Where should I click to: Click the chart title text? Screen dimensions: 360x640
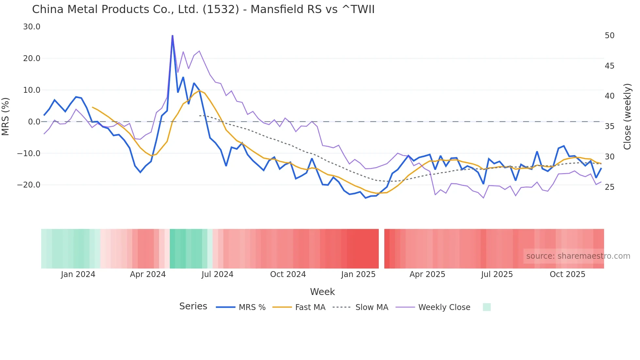coord(203,9)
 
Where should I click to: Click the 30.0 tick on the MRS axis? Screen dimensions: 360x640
coord(32,27)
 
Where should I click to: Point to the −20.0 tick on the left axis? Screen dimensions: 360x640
coord(29,185)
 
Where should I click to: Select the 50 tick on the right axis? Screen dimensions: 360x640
coord(610,36)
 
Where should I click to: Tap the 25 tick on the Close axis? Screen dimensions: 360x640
coord(610,187)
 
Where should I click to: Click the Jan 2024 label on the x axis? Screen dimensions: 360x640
coord(78,274)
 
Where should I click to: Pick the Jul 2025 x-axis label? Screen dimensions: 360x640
coord(497,274)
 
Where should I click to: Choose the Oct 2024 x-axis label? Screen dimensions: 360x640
coord(288,274)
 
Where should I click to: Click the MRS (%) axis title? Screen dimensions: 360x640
coord(6,116)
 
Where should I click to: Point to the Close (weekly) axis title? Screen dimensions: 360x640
coord(627,117)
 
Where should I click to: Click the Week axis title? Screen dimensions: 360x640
coord(322,292)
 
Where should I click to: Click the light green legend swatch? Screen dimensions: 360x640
coord(487,307)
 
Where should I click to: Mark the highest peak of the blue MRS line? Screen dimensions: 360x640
coord(172,36)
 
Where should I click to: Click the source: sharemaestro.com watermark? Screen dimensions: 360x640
coord(578,256)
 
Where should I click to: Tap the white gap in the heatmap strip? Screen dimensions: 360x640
coord(381,249)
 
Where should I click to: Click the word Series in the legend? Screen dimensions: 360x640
coord(193,306)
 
